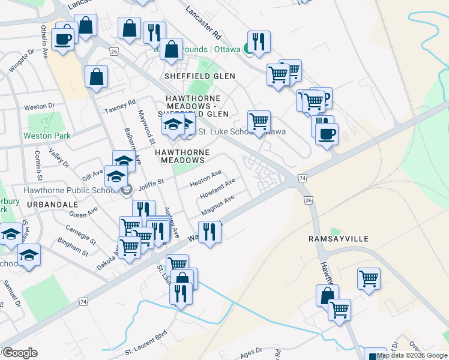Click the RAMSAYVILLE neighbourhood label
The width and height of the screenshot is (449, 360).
[x=338, y=239]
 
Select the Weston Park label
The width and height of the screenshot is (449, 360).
[x=47, y=136]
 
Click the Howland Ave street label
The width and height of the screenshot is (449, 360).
[x=217, y=190]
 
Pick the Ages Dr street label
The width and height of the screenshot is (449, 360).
[x=251, y=350]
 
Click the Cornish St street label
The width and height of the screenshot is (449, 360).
[x=38, y=166]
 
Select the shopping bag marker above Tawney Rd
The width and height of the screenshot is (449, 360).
[x=96, y=77]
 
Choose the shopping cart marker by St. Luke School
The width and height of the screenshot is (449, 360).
[x=259, y=121]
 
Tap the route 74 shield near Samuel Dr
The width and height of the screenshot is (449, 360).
[x=83, y=301]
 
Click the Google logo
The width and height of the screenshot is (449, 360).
[x=19, y=353]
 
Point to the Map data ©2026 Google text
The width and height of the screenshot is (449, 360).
[x=412, y=355]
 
